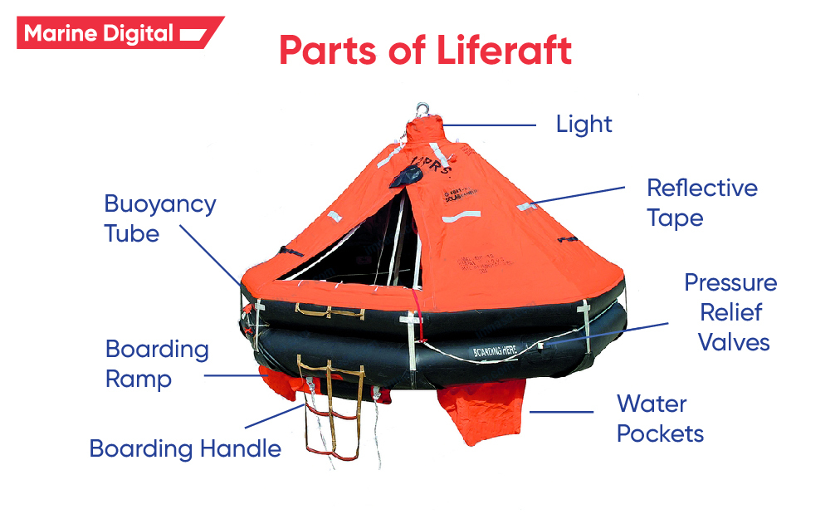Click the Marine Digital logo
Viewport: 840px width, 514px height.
(x=116, y=33)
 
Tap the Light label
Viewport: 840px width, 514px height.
(x=584, y=125)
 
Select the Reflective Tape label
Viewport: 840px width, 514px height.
(x=701, y=203)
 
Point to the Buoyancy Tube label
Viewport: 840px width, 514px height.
(x=159, y=218)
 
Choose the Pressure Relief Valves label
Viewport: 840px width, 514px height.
(x=730, y=312)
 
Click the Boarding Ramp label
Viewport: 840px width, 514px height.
(x=157, y=364)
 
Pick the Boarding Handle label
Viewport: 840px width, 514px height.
(x=185, y=449)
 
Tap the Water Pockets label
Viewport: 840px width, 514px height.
(x=660, y=419)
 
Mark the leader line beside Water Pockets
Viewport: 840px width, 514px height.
(x=563, y=412)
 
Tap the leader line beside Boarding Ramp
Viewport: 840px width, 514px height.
(x=232, y=375)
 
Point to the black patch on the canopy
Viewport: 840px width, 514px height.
(x=409, y=176)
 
